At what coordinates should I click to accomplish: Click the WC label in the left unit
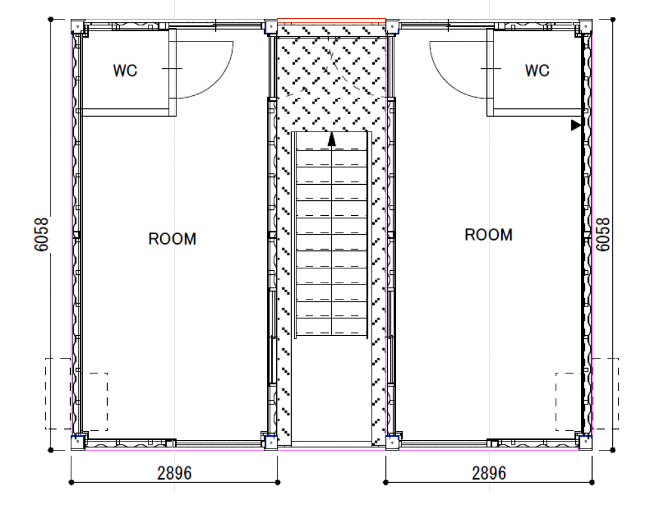pyautogui.click(x=125, y=71)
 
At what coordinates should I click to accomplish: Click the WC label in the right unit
pyautogui.click(x=537, y=71)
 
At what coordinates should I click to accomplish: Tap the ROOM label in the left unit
pyautogui.click(x=172, y=239)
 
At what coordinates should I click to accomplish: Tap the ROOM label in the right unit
pyautogui.click(x=489, y=235)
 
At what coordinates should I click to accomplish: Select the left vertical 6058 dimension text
pyautogui.click(x=41, y=235)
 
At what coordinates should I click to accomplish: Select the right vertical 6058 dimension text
pyautogui.click(x=603, y=235)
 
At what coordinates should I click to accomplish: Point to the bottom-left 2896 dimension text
pyautogui.click(x=174, y=473)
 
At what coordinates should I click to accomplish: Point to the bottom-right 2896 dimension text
pyautogui.click(x=489, y=473)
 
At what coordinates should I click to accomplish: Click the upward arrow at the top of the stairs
pyautogui.click(x=331, y=139)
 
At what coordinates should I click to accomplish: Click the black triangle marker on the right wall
pyautogui.click(x=576, y=125)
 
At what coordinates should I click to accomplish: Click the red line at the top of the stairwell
pyautogui.click(x=331, y=19)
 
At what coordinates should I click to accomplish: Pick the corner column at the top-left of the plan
pyautogui.click(x=78, y=27)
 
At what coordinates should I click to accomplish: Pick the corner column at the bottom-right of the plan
pyautogui.click(x=586, y=443)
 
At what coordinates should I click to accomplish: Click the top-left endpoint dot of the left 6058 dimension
pyautogui.click(x=51, y=19)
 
